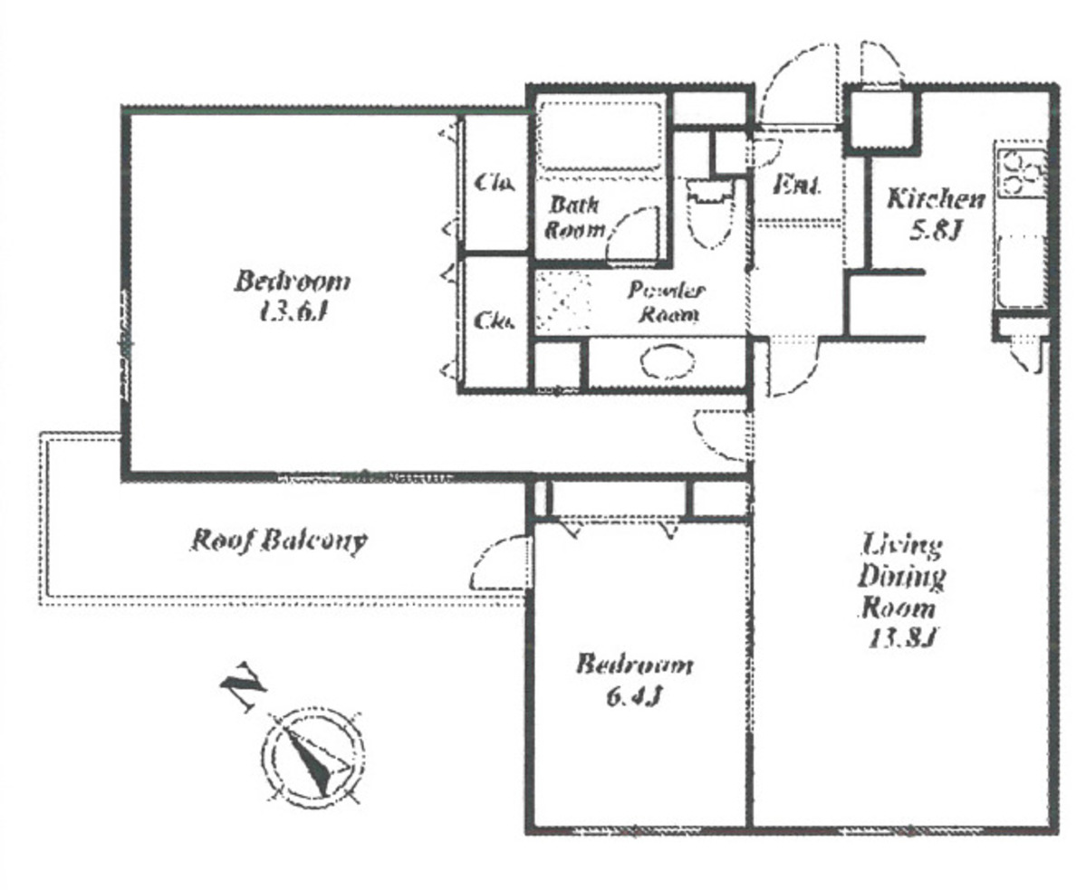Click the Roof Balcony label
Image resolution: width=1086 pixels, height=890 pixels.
click(x=278, y=541)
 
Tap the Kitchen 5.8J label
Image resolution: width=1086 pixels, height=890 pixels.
click(x=933, y=214)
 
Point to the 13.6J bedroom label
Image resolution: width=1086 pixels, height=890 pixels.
click(x=292, y=296)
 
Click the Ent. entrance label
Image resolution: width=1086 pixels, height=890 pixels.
click(x=797, y=187)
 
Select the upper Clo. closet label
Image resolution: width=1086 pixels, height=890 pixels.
click(x=495, y=183)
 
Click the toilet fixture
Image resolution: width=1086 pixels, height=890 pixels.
click(x=709, y=214)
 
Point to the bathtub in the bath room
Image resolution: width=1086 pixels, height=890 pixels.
click(x=598, y=136)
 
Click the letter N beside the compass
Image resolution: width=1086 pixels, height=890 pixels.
click(x=242, y=689)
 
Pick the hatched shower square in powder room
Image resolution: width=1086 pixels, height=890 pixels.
click(x=562, y=301)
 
